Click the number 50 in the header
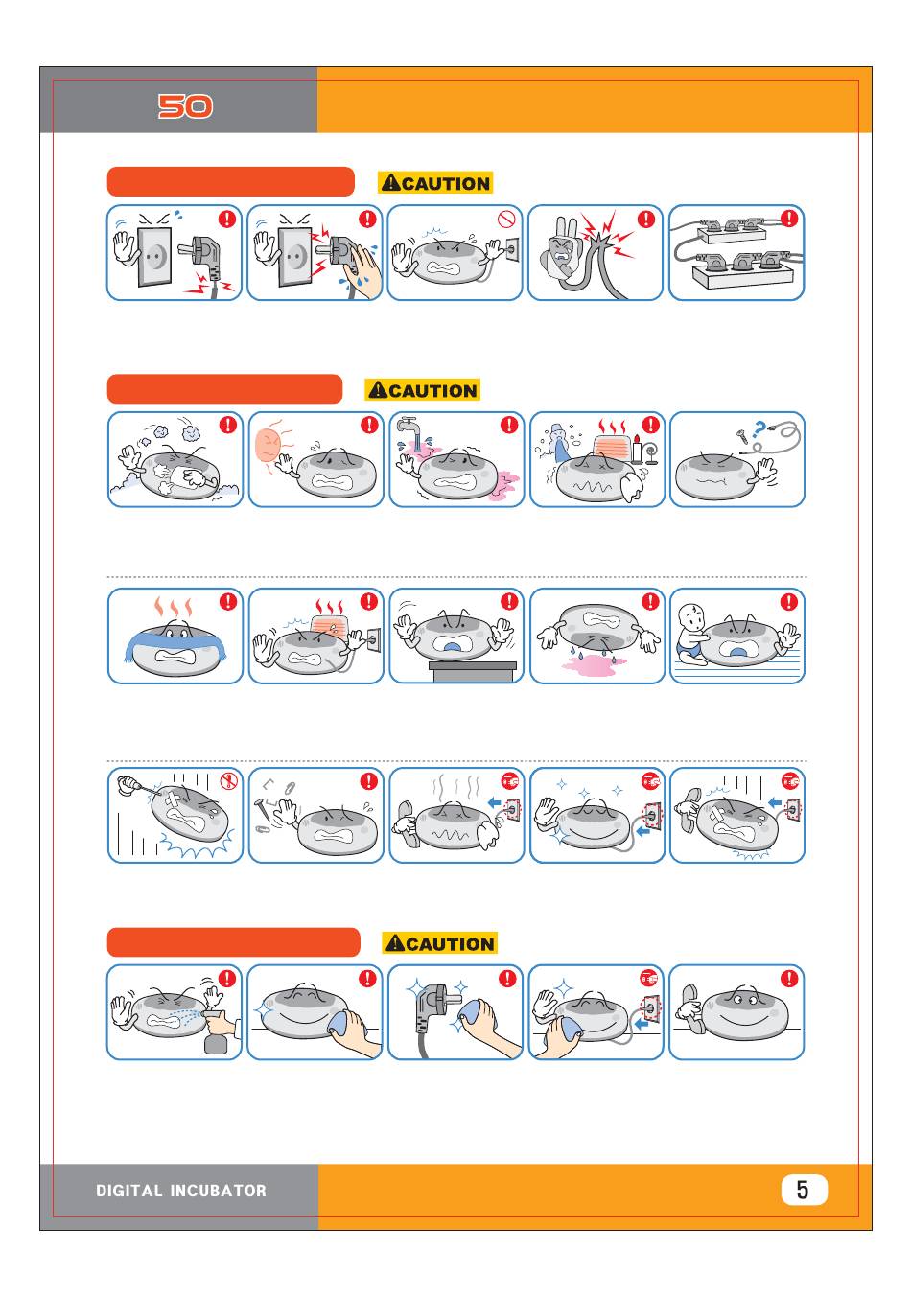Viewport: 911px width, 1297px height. tap(185, 106)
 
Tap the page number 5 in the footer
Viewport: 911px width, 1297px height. tap(803, 1190)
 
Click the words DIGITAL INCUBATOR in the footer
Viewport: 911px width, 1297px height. tap(181, 1191)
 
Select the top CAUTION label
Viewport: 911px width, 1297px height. tap(436, 183)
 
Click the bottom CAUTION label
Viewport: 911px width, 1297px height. tap(440, 943)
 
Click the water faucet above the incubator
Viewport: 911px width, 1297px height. tap(409, 425)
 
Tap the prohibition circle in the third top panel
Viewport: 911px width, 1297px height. tap(507, 220)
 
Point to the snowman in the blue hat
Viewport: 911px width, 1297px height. tap(558, 442)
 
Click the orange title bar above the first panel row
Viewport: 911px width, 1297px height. tap(230, 181)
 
